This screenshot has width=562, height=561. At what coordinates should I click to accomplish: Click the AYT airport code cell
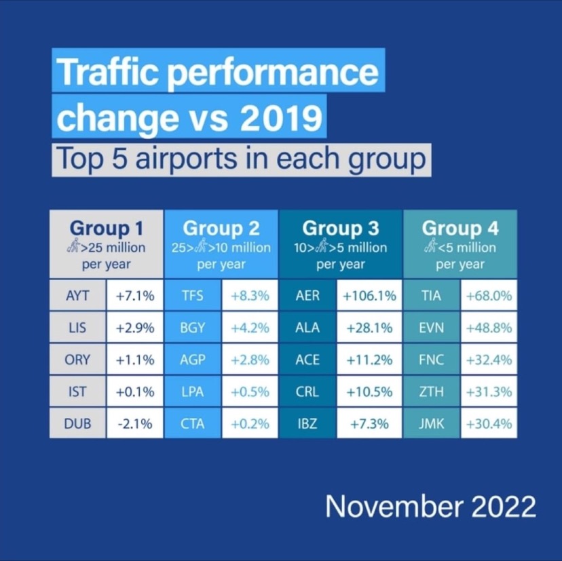[77, 296]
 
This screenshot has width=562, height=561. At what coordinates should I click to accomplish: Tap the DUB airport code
[77, 424]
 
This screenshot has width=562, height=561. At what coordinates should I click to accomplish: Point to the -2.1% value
[134, 424]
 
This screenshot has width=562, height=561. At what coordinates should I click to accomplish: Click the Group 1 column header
[107, 227]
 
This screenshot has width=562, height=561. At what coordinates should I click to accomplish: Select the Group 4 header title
[460, 227]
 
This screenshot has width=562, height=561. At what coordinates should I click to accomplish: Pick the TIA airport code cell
[432, 296]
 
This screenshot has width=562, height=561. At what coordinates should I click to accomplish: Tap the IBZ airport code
[307, 424]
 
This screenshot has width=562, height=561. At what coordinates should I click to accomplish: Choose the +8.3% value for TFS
[250, 296]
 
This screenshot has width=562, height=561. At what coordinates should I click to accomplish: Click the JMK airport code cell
[432, 424]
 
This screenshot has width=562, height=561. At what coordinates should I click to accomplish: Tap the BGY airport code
[193, 328]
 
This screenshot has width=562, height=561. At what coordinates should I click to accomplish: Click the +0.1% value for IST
[134, 392]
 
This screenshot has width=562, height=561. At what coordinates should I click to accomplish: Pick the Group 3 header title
[341, 227]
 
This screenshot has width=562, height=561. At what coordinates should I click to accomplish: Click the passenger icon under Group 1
[75, 248]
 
